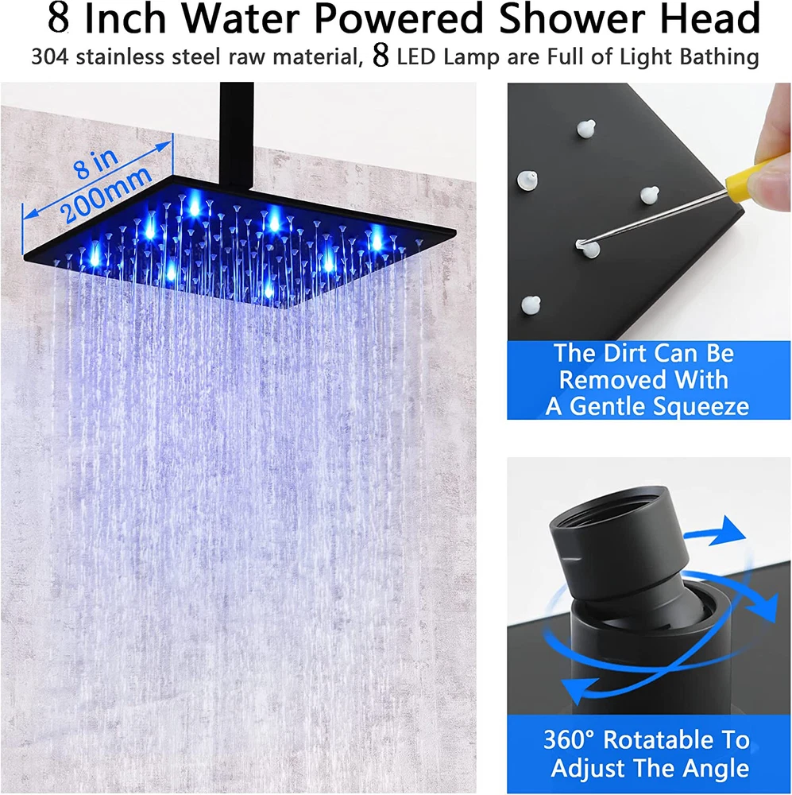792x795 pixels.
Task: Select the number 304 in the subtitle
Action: pos(50,56)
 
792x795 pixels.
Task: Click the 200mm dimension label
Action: pos(106,196)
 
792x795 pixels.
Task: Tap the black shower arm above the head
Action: pos(237,136)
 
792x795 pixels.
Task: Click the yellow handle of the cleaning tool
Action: pos(749,174)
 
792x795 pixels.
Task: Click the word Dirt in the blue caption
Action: pos(620,353)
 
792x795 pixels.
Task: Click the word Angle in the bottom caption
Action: pos(715,769)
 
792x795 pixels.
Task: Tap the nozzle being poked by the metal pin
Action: pos(589,248)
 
